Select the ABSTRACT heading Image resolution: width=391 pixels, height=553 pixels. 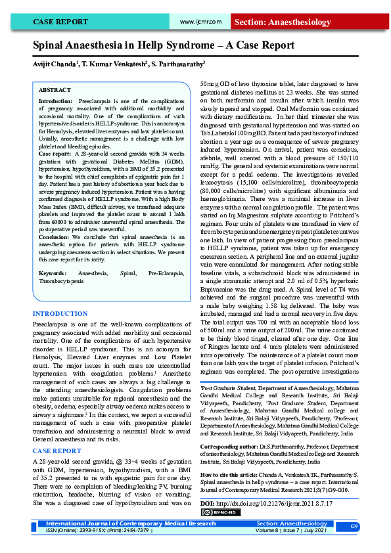point(55,89)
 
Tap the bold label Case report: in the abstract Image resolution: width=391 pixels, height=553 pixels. point(55,153)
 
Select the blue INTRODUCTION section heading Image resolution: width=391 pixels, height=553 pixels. point(60,315)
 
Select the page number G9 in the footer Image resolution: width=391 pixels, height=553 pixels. point(354,527)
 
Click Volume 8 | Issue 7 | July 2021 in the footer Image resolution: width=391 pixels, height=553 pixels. point(291,530)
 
